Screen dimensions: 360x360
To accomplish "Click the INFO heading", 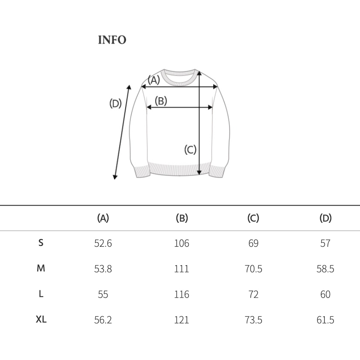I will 112,40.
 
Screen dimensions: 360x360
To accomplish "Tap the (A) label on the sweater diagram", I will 154,80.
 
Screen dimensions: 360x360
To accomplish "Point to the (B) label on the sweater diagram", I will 161,101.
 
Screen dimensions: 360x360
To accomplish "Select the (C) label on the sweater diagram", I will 190,150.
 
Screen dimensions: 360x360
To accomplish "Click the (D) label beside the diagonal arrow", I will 115,104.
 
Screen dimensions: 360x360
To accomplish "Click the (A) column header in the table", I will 103,218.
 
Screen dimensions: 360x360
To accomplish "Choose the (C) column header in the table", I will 253,218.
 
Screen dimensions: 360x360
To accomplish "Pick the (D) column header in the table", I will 326,218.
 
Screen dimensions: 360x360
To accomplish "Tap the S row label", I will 41,242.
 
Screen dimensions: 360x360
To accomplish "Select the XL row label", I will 41,319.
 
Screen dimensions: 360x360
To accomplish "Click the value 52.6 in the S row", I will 103,243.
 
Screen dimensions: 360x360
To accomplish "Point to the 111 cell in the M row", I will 182,269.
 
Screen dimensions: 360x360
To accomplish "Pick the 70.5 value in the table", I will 253,269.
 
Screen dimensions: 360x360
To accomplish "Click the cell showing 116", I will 182,294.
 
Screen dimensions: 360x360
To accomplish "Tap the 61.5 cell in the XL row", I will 325,320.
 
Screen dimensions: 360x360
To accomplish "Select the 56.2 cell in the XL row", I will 103,320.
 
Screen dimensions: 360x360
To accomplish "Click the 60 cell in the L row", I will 325,294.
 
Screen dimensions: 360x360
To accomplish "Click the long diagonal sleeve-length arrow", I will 122,132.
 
